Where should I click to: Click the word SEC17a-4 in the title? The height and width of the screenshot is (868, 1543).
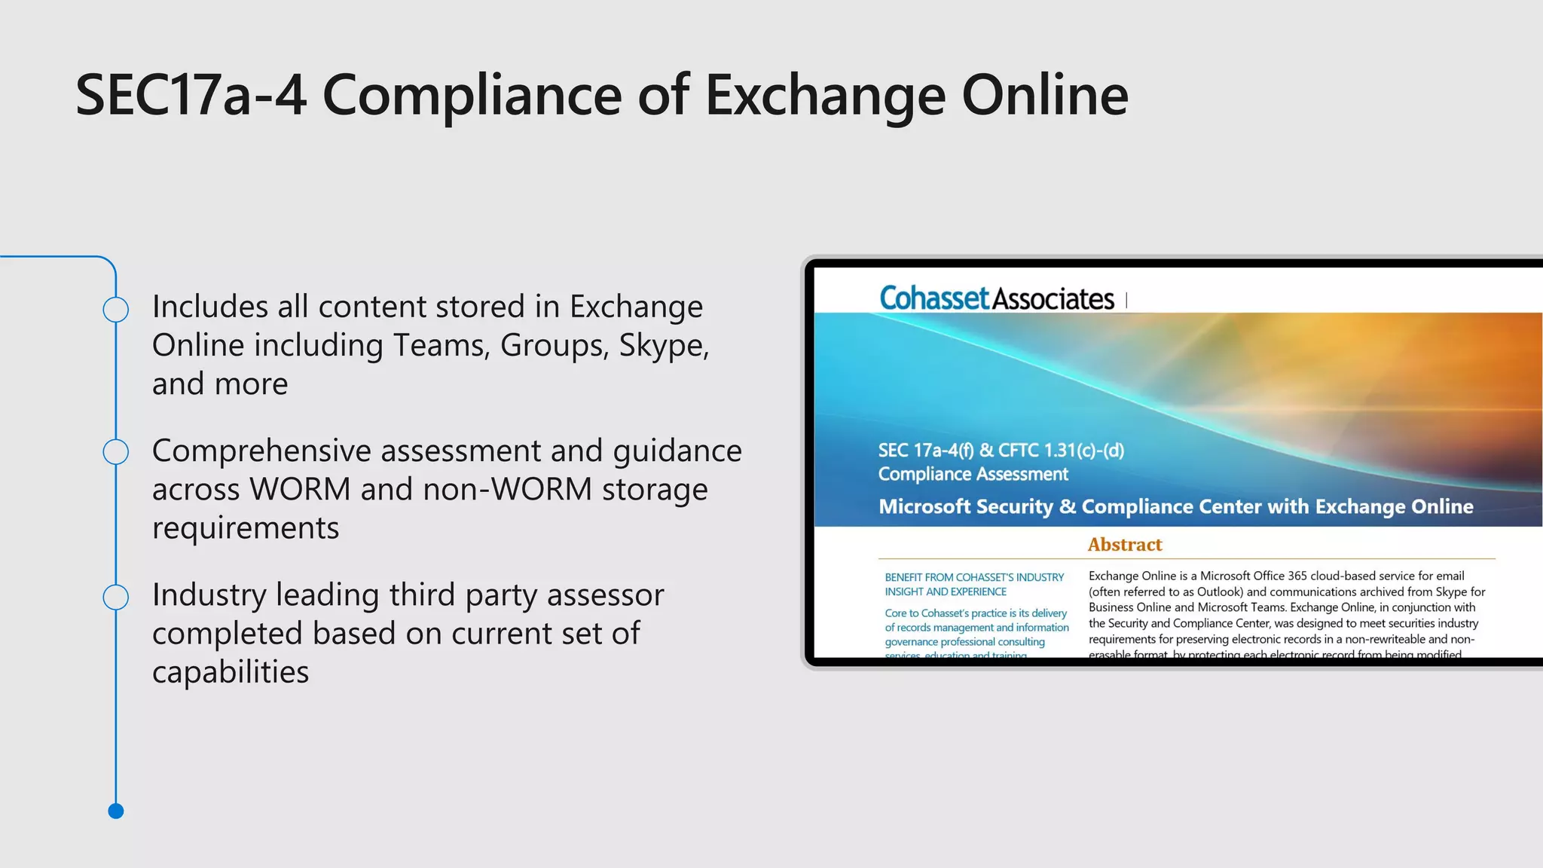[191, 96]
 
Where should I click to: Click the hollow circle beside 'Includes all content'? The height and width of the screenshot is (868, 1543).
[116, 310]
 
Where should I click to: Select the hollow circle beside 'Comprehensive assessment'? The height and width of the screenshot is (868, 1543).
[116, 452]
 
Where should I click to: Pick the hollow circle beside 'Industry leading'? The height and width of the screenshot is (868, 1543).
[116, 597]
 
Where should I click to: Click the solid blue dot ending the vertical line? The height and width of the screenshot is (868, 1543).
[116, 811]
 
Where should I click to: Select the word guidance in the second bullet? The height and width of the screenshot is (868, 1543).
[677, 451]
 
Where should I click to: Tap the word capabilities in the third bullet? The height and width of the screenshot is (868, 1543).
[231, 672]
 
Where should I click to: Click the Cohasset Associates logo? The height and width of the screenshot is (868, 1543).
[996, 299]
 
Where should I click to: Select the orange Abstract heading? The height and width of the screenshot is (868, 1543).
[1125, 545]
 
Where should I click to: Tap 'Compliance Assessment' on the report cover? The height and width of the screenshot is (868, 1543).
[973, 474]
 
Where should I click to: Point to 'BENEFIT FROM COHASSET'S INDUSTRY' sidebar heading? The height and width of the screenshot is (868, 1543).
[974, 577]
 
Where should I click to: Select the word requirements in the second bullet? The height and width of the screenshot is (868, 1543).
[246, 528]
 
